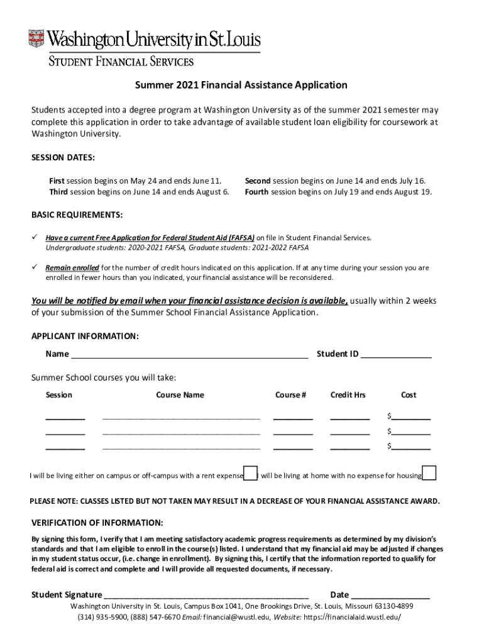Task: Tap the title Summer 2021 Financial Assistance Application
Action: click(241, 85)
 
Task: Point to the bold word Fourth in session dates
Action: click(256, 192)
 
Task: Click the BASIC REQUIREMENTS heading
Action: click(77, 215)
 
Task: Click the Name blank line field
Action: click(189, 355)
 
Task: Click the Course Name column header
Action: click(180, 395)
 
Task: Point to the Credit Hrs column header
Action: click(348, 395)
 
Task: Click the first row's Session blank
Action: click(65, 416)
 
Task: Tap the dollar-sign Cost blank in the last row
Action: click(411, 447)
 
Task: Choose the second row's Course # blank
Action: click(292, 431)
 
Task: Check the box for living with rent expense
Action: click(250, 474)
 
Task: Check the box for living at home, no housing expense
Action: click(430, 474)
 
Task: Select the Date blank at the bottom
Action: click(390, 596)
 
